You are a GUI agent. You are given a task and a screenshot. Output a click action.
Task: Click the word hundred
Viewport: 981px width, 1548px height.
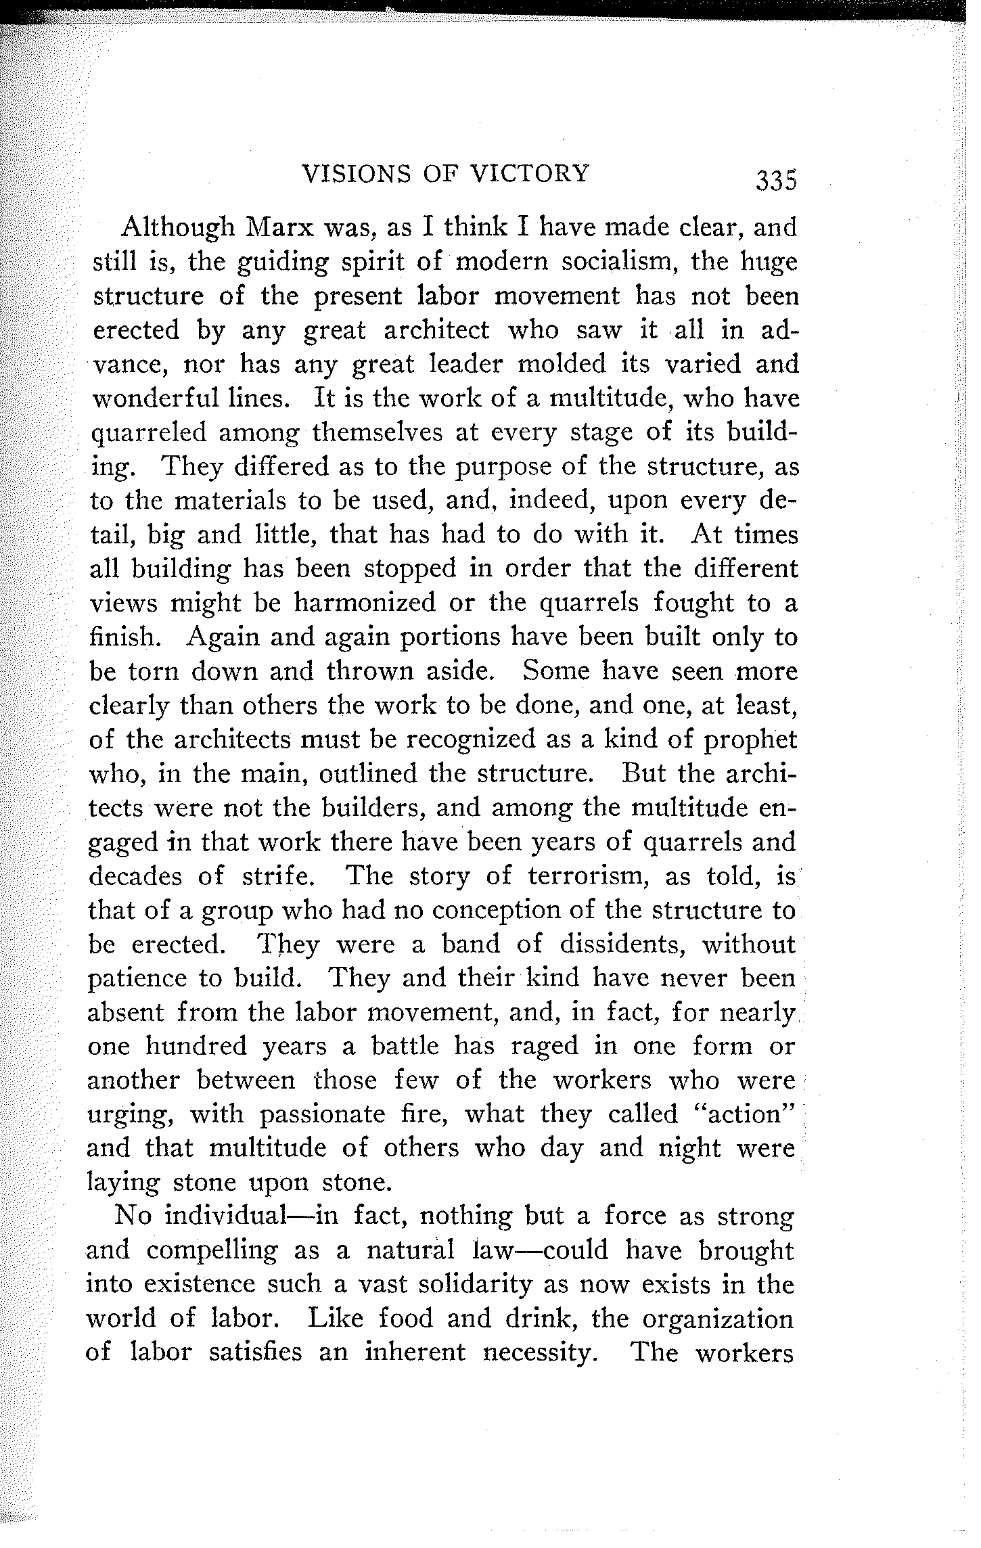(196, 1047)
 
